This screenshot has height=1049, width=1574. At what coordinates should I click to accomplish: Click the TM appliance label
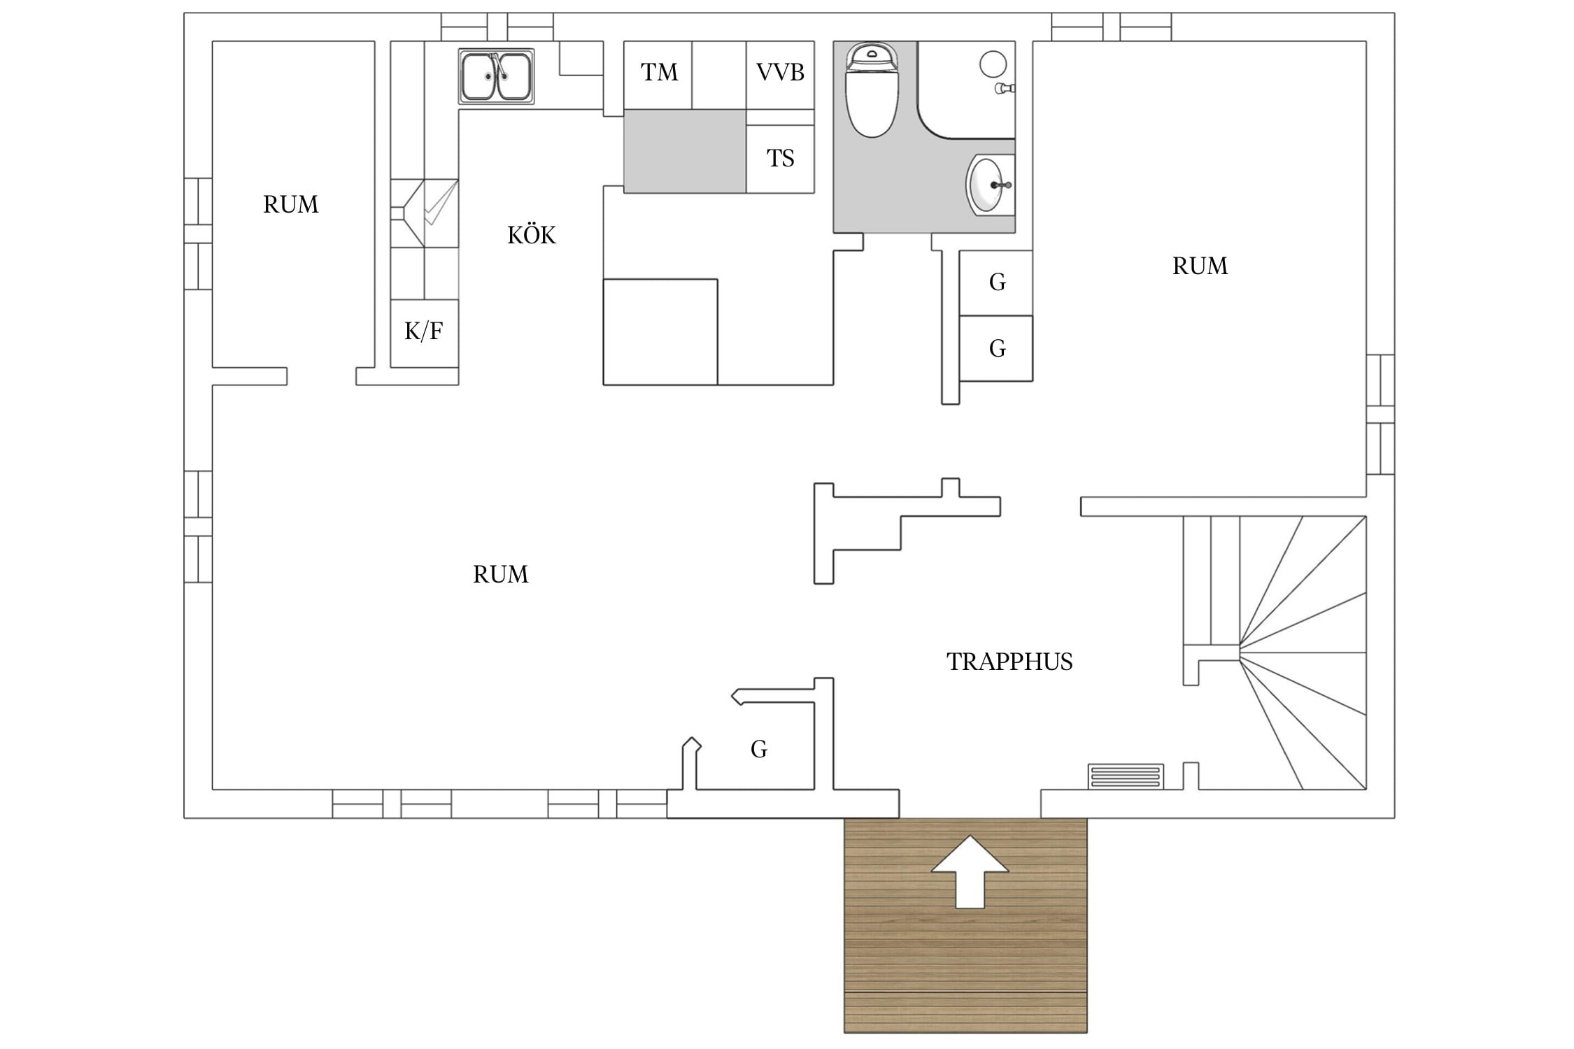pos(659,72)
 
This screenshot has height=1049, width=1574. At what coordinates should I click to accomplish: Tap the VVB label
pos(780,72)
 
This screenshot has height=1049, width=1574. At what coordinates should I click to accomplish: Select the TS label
pos(780,159)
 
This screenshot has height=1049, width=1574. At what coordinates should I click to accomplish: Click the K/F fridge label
pos(424,331)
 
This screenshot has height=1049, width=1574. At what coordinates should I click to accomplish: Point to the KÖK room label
pos(532,235)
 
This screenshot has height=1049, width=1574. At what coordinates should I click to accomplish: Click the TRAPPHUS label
pos(1009,662)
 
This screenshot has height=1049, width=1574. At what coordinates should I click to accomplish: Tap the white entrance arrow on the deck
pos(970,871)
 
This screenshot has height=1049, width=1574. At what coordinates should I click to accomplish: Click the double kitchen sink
pos(496,76)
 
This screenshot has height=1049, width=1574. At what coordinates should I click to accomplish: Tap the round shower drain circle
pos(993,64)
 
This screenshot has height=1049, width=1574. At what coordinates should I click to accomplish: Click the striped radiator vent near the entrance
pos(1126,776)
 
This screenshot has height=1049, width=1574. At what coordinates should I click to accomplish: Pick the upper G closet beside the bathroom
pos(996,283)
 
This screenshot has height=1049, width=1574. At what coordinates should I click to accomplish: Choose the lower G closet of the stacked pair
pos(996,348)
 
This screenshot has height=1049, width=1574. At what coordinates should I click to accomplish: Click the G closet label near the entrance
pos(759,749)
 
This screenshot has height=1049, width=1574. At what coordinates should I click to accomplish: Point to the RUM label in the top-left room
pos(291,204)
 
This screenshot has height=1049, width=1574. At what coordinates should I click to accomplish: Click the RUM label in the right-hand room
pos(1200,266)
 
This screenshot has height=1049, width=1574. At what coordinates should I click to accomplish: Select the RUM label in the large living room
pos(501,574)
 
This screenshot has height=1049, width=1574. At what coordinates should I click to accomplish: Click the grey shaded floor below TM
pos(685,151)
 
